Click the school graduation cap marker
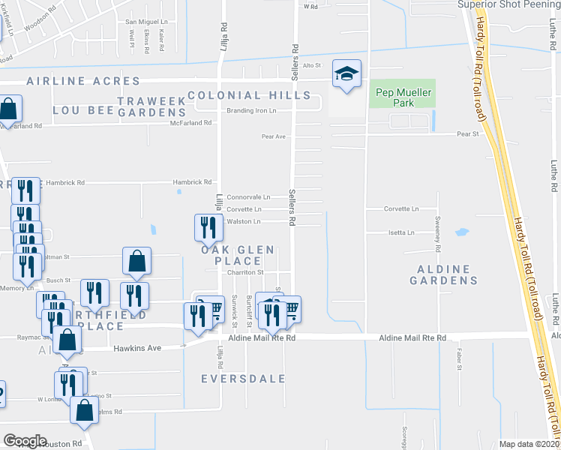pos(346,73)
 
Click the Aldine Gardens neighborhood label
pos(443,274)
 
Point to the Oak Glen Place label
pos(232,255)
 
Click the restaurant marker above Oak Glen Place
pos(208,226)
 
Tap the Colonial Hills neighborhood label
pos(248,95)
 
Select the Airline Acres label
pos(83,80)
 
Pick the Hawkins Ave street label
pos(137,348)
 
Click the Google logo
pos(25,440)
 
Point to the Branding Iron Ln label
pos(251,110)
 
